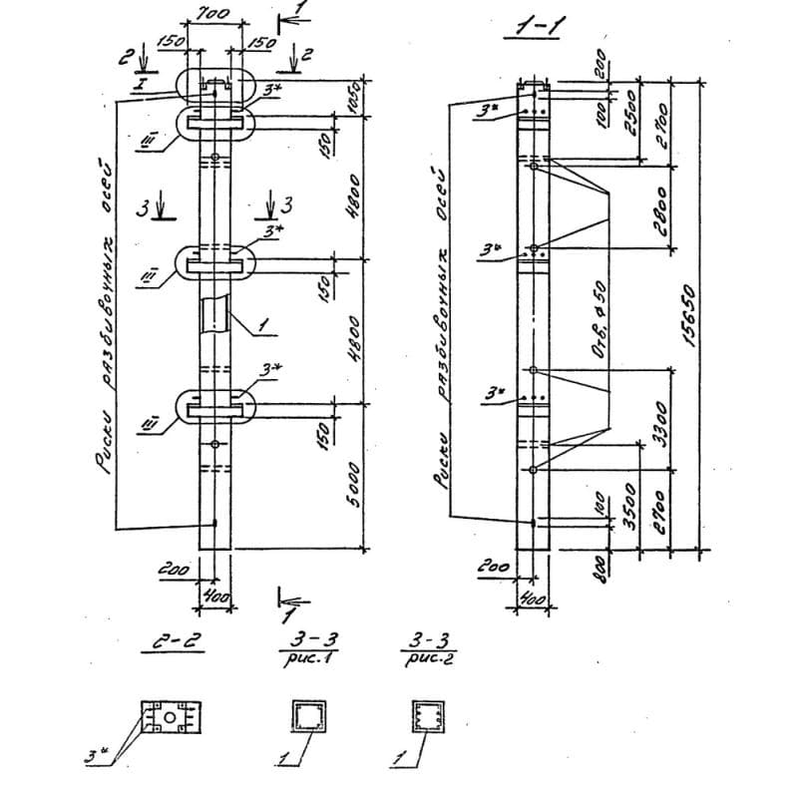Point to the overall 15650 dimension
688,311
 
